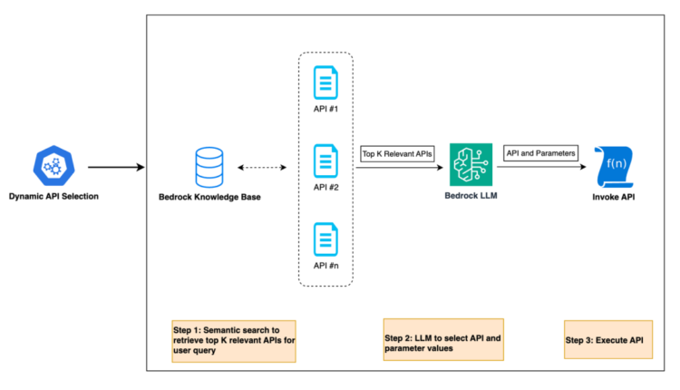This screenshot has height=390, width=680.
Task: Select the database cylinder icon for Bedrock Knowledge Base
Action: pos(209,167)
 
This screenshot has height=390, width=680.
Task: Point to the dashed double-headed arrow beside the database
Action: pos(262,167)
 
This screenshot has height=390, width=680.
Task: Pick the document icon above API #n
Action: pos(325,239)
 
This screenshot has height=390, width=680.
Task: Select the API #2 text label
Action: pos(325,187)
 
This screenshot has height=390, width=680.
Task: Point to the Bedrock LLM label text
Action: pos(468,195)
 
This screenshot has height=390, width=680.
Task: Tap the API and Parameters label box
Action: pos(540,153)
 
